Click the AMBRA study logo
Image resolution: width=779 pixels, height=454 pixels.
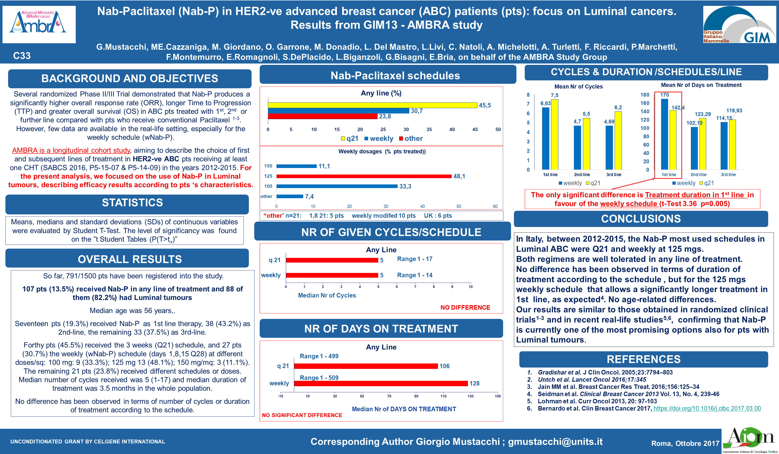39,24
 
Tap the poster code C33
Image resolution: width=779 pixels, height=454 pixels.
22,56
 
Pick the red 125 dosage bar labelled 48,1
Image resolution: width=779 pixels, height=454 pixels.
364,176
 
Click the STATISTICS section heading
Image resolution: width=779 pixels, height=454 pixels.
132,203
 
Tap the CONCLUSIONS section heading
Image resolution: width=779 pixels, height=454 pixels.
641,219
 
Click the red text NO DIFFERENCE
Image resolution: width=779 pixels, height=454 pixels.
465,307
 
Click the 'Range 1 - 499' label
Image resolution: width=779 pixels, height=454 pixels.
319,356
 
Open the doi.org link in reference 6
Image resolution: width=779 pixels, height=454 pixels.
707,408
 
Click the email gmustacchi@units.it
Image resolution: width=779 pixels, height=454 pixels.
555,442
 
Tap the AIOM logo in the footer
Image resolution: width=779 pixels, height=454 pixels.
750,440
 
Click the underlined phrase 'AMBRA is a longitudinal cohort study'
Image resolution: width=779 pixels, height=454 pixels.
71,150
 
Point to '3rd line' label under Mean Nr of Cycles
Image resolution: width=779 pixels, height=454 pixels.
614,175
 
